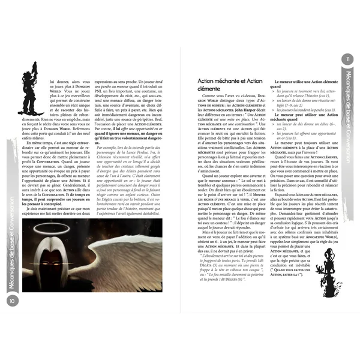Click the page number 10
coord(11,300)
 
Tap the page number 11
coord(349,58)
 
